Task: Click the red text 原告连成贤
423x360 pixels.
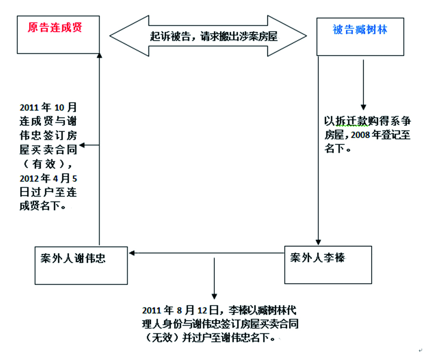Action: pyautogui.click(x=55, y=27)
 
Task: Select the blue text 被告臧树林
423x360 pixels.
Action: pyautogui.click(x=360, y=30)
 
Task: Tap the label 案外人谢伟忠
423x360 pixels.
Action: pyautogui.click(x=73, y=258)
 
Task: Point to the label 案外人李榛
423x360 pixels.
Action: pyautogui.click(x=318, y=258)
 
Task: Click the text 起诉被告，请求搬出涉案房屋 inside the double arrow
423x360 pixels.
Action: pyautogui.click(x=214, y=36)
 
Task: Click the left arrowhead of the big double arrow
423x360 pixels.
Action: pyautogui.click(x=130, y=36)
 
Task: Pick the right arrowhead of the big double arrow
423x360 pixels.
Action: pyautogui.click(x=287, y=36)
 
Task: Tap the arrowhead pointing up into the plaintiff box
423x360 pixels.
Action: pyautogui.click(x=99, y=56)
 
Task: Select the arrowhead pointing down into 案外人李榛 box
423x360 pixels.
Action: pyautogui.click(x=318, y=242)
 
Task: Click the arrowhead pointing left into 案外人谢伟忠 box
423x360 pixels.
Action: pyautogui.click(x=131, y=253)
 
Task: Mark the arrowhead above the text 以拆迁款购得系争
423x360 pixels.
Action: pyautogui.click(x=363, y=107)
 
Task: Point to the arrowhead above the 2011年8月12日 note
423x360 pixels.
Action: pyautogui.click(x=214, y=297)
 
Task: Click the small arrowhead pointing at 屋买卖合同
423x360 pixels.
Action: pyautogui.click(x=82, y=145)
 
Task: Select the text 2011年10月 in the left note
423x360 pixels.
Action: pyautogui.click(x=48, y=107)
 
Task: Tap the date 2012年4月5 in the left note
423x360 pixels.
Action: pyautogui.click(x=48, y=178)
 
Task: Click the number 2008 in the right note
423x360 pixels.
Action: pyautogui.click(x=360, y=135)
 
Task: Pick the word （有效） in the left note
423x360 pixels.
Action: pyautogui.click(x=46, y=164)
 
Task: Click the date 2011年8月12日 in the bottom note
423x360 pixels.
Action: pyautogui.click(x=180, y=310)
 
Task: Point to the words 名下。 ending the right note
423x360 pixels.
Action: pyautogui.click(x=337, y=148)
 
